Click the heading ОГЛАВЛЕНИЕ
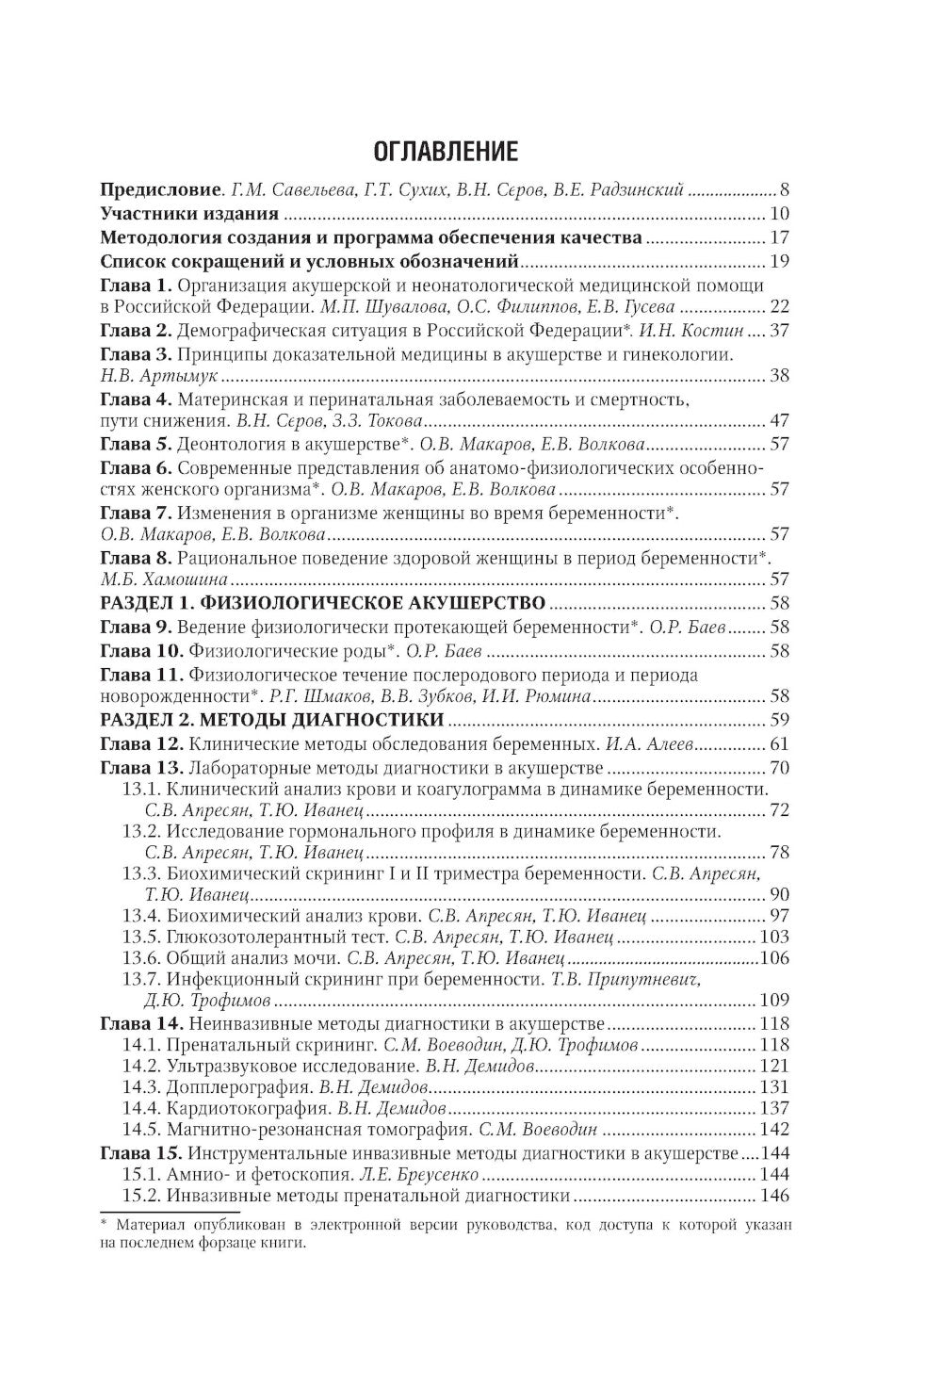pos(446,152)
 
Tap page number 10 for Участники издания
pos(779,213)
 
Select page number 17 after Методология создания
pos(779,237)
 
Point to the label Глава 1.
pos(136,285)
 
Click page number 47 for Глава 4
pos(779,421)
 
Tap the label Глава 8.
pos(136,558)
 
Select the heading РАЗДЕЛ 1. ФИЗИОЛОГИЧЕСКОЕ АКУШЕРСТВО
pos(323,603)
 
